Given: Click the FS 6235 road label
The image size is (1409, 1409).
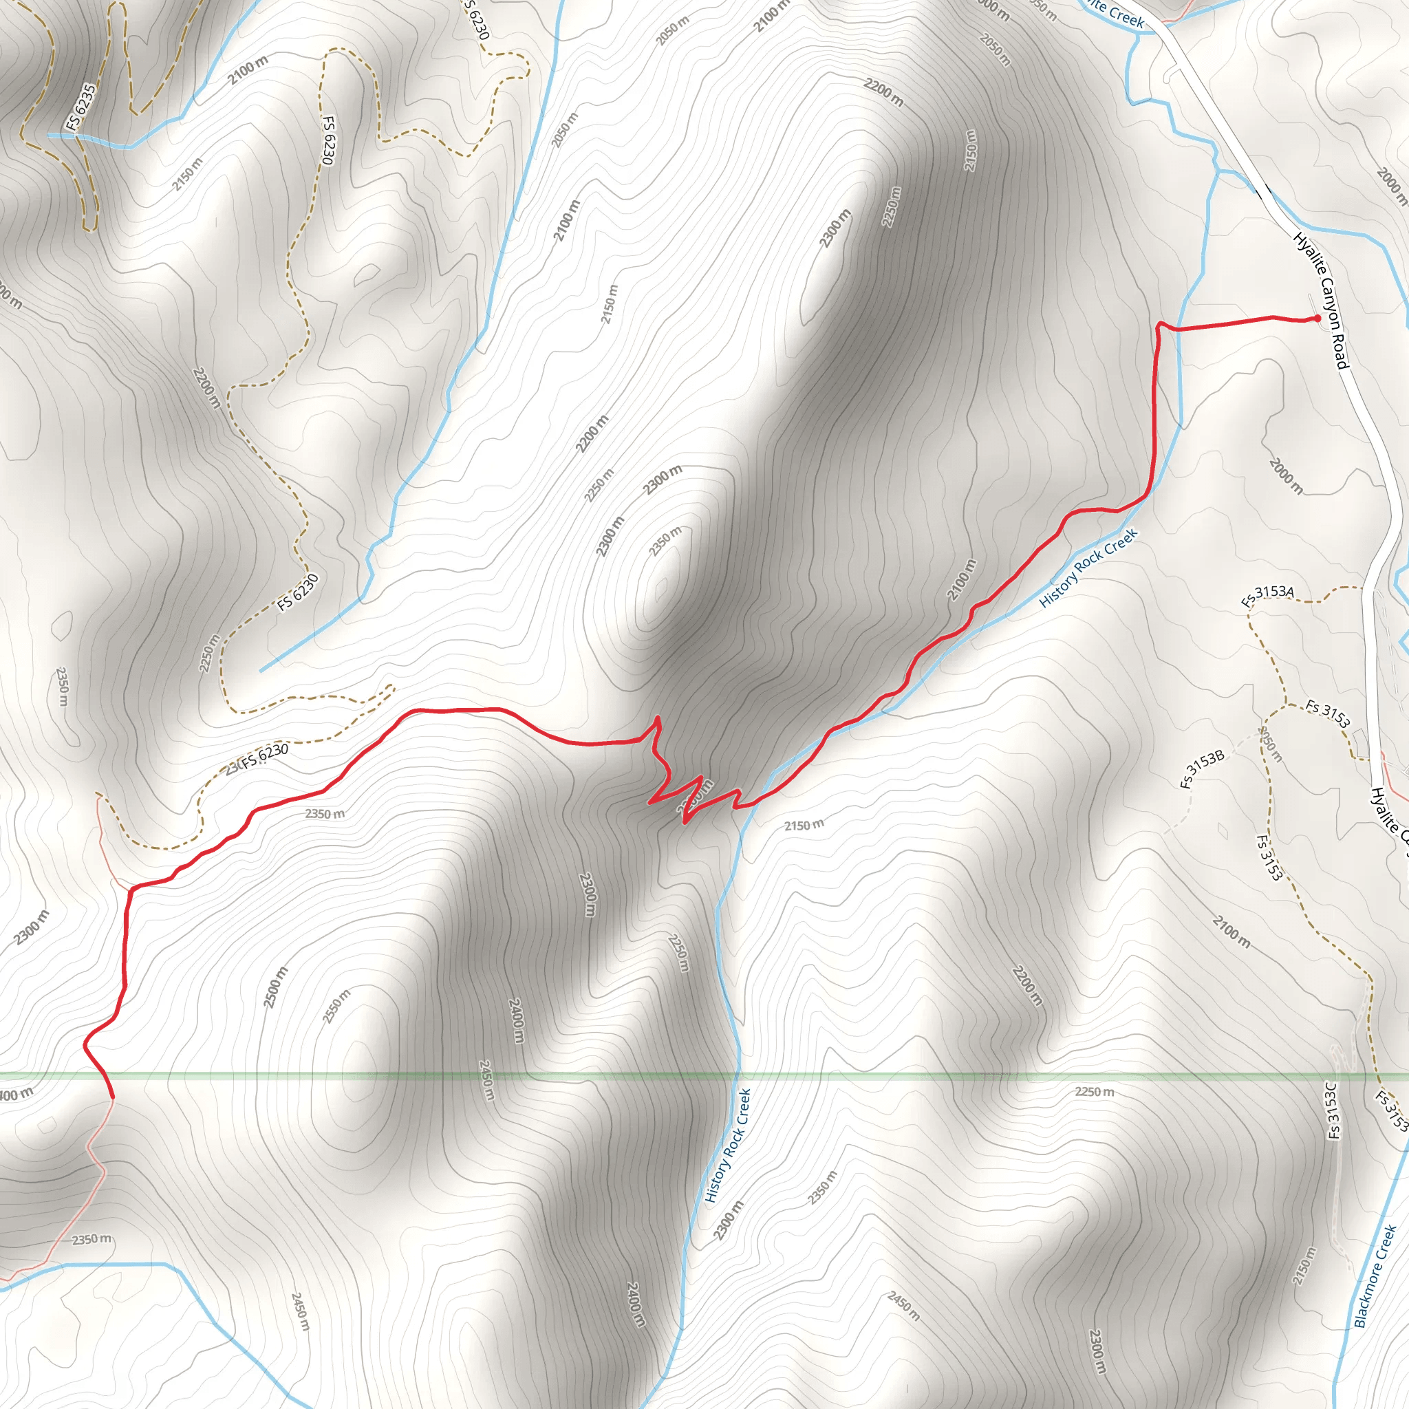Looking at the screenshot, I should [x=80, y=109].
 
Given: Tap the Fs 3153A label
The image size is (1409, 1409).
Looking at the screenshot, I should [x=1267, y=596].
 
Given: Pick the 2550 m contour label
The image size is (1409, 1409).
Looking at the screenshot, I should [x=337, y=1006].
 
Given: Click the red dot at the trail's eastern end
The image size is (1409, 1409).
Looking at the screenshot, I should [x=1317, y=318].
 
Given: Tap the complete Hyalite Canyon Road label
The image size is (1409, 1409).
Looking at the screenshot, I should [x=1322, y=300].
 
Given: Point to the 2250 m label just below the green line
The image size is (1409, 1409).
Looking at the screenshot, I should [x=1094, y=1092].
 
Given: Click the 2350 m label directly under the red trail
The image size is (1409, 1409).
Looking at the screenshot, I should [x=325, y=814].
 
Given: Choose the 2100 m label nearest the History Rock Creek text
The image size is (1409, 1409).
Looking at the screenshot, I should [x=961, y=580].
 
